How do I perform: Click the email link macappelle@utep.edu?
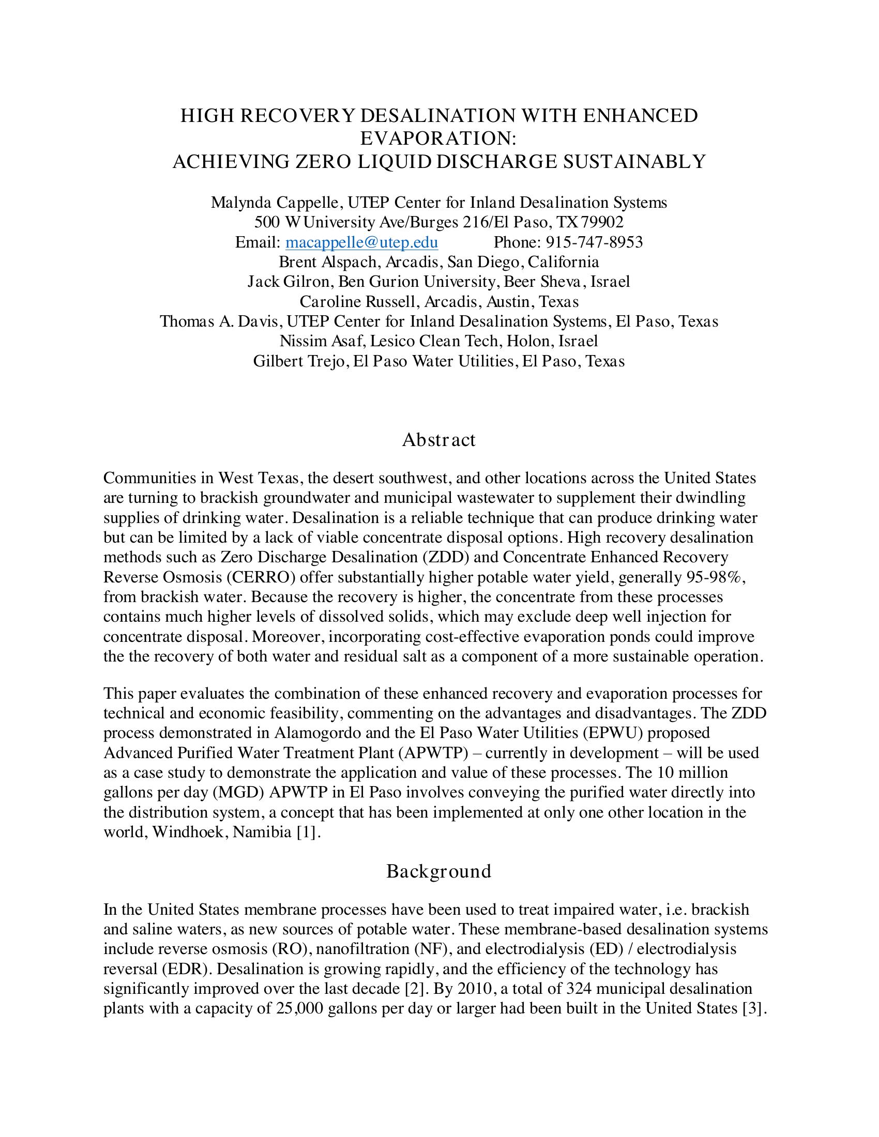tap(361, 242)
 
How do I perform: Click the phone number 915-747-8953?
tap(594, 242)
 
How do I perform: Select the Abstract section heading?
tap(439, 440)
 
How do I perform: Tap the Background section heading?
tap(439, 871)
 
